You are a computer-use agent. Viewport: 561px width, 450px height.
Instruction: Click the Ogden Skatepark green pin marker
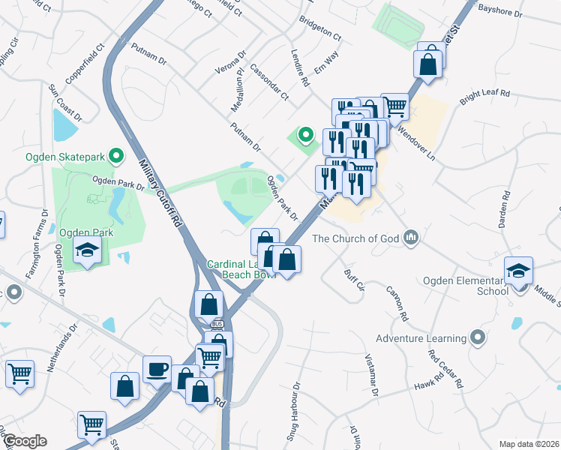coord(115,157)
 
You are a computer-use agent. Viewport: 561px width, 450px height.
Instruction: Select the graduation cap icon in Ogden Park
coord(88,250)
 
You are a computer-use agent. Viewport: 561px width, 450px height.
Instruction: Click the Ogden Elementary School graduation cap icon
coord(518,271)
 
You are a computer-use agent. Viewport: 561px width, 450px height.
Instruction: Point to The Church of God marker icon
coord(409,238)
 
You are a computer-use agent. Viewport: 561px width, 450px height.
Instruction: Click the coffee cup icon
coord(157,369)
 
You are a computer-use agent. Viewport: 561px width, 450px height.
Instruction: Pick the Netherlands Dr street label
coord(63,349)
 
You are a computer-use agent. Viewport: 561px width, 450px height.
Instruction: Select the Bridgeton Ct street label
coord(320,28)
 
